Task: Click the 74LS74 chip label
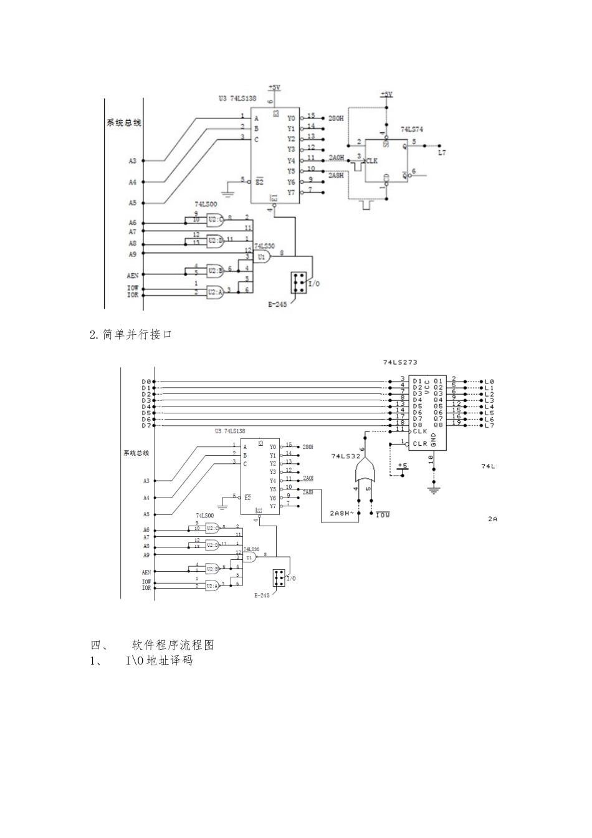point(411,129)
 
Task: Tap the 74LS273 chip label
point(400,362)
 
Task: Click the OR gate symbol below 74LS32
point(365,472)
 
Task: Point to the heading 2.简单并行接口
point(131,335)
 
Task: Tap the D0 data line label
point(146,382)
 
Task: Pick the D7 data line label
point(146,425)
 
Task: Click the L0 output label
point(489,382)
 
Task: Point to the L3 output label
point(489,400)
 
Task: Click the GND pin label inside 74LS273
point(434,441)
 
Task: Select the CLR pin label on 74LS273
point(421,444)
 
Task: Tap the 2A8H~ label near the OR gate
point(341,513)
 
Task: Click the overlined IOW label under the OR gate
point(382,515)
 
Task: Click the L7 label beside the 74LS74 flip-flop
point(442,152)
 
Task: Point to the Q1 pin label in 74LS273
point(438,381)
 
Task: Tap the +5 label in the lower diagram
point(403,466)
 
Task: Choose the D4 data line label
point(146,407)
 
